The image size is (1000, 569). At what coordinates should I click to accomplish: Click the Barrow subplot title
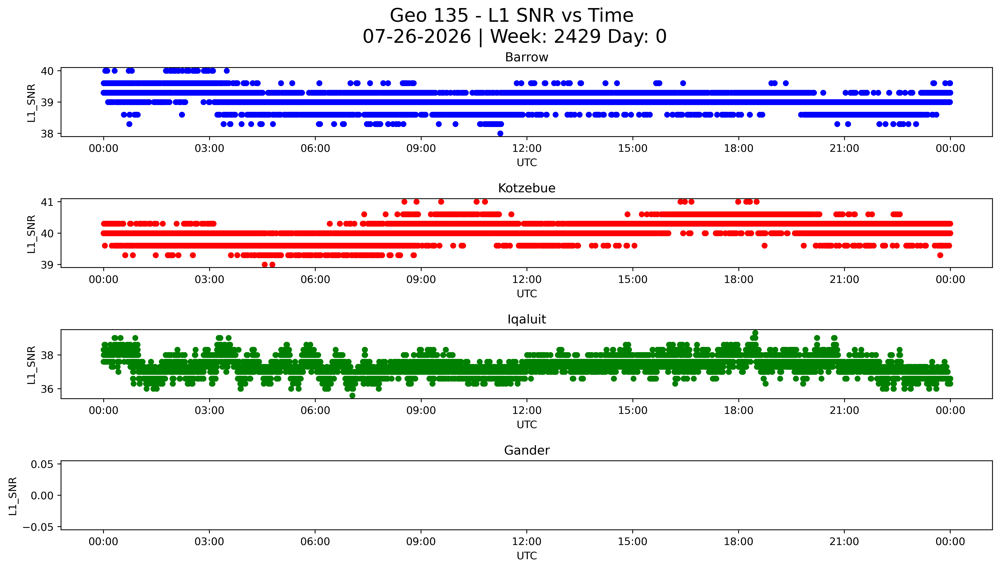point(526,57)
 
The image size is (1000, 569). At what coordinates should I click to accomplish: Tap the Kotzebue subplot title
point(526,188)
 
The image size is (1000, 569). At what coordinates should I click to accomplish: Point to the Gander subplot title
point(526,451)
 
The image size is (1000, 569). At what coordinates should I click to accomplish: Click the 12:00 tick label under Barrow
point(527,149)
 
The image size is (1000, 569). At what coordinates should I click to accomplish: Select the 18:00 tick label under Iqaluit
point(738,411)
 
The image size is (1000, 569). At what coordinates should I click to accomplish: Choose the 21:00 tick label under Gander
point(844,542)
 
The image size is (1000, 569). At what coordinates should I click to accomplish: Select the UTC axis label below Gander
point(526,556)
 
